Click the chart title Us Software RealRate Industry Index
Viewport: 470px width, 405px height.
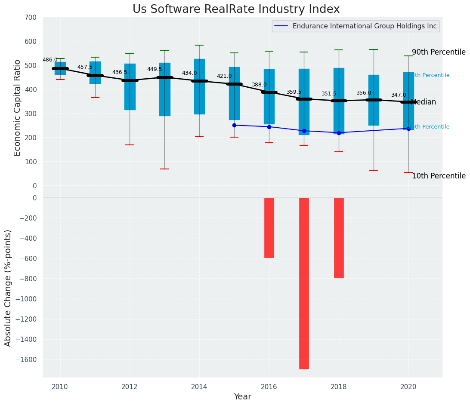236,9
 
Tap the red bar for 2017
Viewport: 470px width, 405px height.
304,283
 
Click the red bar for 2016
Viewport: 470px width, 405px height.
269,227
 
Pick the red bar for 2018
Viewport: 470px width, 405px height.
339,238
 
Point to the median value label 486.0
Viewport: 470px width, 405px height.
50,60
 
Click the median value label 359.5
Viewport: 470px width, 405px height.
294,92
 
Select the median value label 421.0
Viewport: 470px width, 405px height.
224,76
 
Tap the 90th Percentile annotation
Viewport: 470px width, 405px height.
438,52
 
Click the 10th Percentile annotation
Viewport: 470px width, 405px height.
438,176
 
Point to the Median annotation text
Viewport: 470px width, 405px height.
424,102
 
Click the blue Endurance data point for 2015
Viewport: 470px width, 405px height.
234,125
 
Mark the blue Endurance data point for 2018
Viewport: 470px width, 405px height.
339,133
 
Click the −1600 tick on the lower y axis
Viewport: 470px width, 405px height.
27,359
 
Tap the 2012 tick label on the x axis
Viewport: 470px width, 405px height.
130,387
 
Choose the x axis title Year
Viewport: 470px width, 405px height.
242,397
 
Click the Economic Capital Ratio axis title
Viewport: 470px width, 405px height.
18,107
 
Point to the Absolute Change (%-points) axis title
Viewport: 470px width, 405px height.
8,288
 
